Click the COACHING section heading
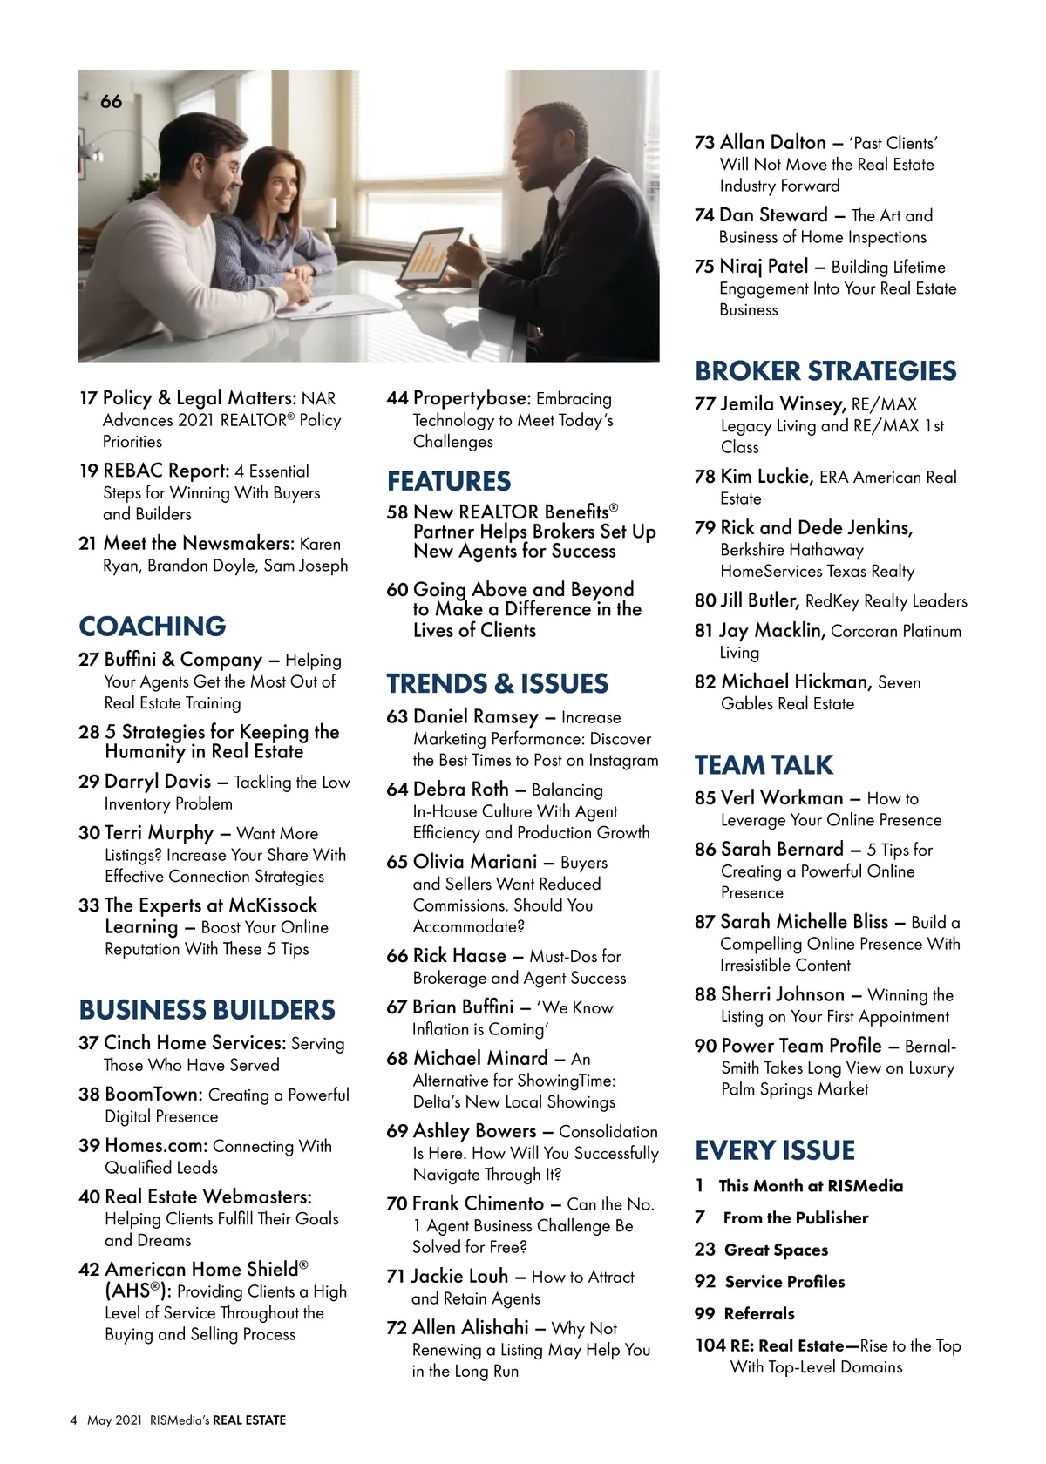[x=153, y=627]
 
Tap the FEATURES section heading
[x=449, y=481]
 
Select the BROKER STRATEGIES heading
[x=825, y=371]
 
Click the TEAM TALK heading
[x=764, y=765]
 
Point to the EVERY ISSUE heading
[x=775, y=1150]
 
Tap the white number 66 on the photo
[x=112, y=102]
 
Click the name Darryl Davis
[x=158, y=781]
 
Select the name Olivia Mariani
[x=475, y=862]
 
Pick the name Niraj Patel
[x=764, y=267]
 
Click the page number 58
[x=397, y=512]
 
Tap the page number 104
[x=710, y=1345]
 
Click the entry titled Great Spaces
[x=776, y=1250]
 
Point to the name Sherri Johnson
[x=782, y=994]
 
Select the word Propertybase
[x=471, y=398]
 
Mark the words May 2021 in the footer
[x=114, y=1420]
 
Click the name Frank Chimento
[x=478, y=1203]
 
